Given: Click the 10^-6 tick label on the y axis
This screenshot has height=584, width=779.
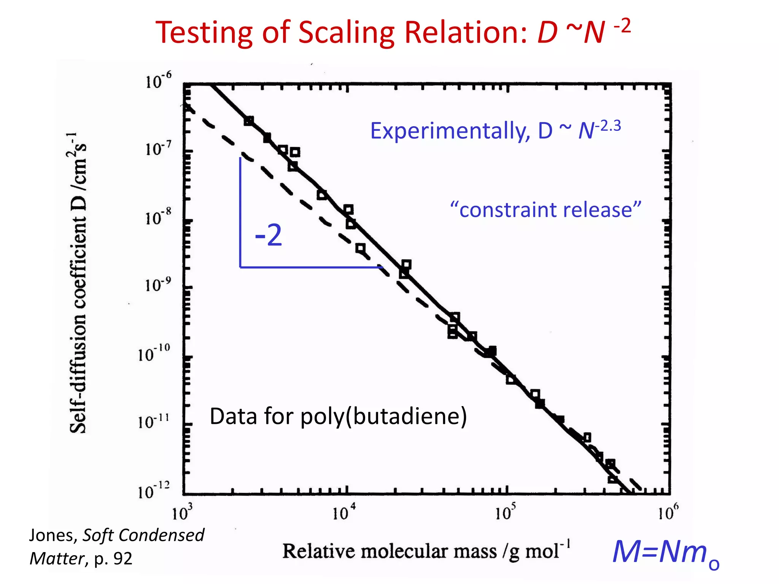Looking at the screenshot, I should click(158, 81).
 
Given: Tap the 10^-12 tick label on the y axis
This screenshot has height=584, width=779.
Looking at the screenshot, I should click(154, 491).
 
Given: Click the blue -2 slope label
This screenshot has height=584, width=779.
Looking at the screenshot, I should click(269, 235).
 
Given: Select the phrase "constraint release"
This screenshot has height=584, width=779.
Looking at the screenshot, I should click(545, 210).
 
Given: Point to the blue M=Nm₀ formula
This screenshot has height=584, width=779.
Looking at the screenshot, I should click(666, 553).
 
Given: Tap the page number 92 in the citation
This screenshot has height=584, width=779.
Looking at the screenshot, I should click(122, 559).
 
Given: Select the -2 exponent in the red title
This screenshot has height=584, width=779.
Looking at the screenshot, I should click(622, 27).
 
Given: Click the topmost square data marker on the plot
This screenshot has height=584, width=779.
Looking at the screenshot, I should click(249, 121).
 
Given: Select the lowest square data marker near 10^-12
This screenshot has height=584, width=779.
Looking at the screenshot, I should click(612, 479).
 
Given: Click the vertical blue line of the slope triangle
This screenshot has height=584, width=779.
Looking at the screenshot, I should click(240, 213).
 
